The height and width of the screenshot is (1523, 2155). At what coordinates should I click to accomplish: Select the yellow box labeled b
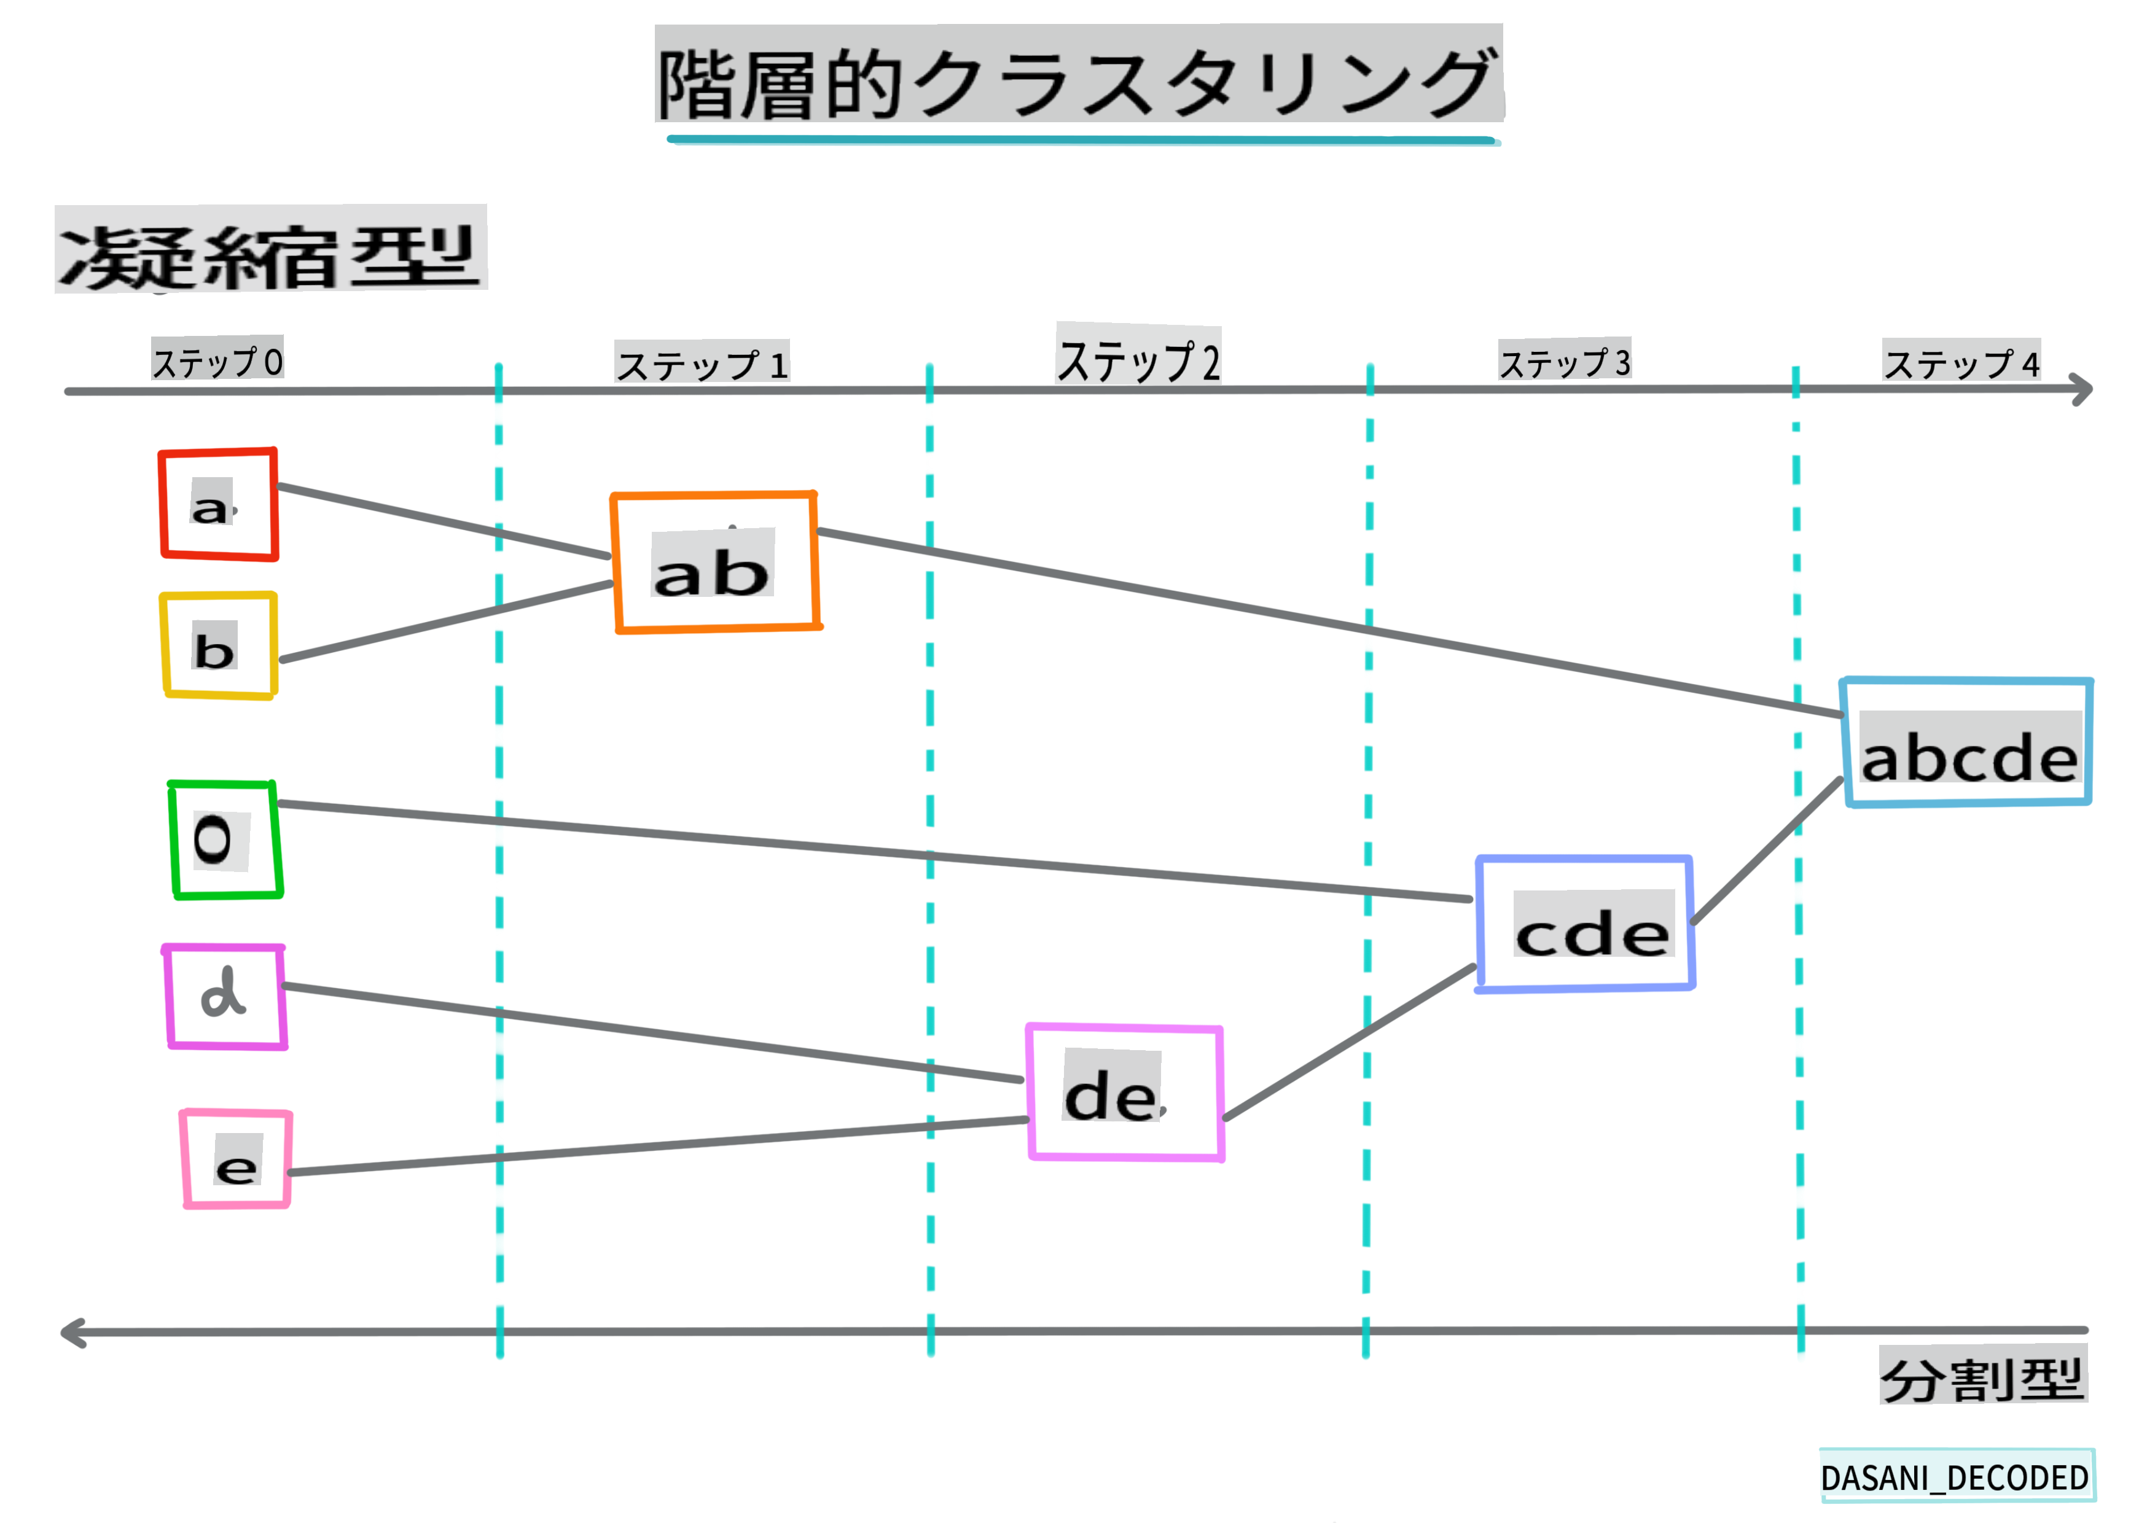(219, 645)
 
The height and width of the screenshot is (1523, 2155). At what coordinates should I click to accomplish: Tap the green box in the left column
(225, 840)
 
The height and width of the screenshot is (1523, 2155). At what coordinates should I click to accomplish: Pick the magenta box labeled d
(225, 997)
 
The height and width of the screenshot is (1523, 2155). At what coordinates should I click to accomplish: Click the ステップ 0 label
(217, 359)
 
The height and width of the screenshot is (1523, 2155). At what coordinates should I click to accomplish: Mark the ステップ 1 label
(702, 363)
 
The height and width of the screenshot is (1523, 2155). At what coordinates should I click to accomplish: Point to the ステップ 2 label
(1138, 357)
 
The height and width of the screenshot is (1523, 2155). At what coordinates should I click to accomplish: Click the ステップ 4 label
(1961, 361)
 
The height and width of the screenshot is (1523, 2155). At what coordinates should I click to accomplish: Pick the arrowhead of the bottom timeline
(71, 1333)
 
